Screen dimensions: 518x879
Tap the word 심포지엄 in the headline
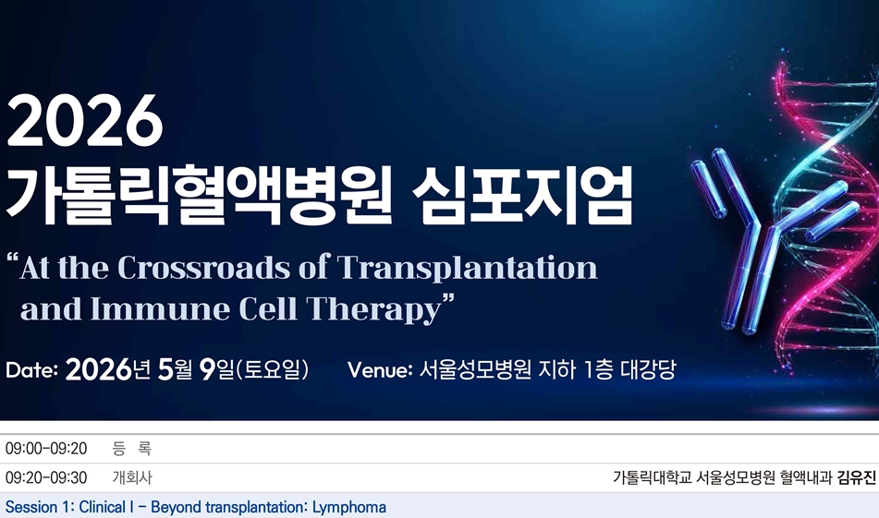pyautogui.click(x=522, y=196)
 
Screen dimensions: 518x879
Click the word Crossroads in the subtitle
pyautogui.click(x=221, y=268)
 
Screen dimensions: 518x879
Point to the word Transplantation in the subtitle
pyautogui.click(x=468, y=268)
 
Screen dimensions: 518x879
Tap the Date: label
pyautogui.click(x=31, y=371)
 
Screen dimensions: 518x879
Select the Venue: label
pyautogui.click(x=379, y=371)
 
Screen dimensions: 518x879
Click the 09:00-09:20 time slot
pyautogui.click(x=46, y=449)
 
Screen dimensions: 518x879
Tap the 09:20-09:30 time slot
pyautogui.click(x=46, y=478)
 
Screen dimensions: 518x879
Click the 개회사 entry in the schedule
pyautogui.click(x=132, y=478)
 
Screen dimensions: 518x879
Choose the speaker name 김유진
pyautogui.click(x=856, y=478)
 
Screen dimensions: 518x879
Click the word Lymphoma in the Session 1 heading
pyautogui.click(x=348, y=508)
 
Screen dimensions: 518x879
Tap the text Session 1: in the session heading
pyautogui.click(x=39, y=508)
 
